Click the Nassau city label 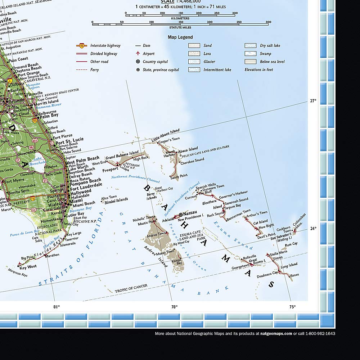(191, 213)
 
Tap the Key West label (28, 267)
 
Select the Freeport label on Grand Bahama (111, 170)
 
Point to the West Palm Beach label (82, 158)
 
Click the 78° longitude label (174, 307)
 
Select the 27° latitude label (313, 101)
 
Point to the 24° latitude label (313, 228)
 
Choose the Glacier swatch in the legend (194, 62)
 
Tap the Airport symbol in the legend (138, 54)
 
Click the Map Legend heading (180, 37)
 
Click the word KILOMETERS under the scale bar (180, 18)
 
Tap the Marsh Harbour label (170, 154)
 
